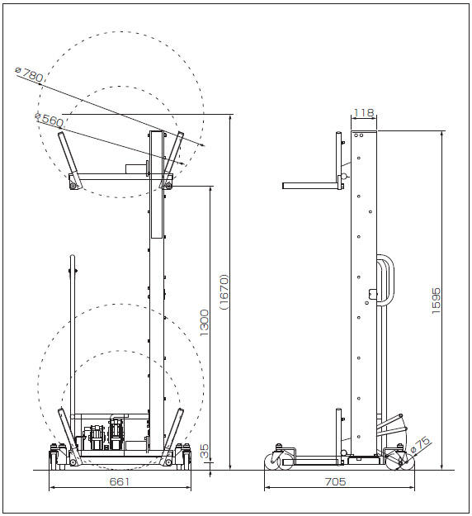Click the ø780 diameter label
tap(29, 74)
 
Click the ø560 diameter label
tap(49, 120)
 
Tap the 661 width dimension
tap(120, 482)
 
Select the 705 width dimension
tap(336, 482)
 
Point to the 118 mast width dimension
tap(364, 113)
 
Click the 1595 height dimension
tap(436, 301)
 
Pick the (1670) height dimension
tap(224, 291)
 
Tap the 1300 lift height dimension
tap(204, 323)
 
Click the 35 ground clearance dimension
tap(204, 451)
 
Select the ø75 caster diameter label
tap(421, 444)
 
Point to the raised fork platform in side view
tap(311, 186)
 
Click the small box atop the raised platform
tap(136, 168)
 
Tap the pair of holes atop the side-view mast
tap(358, 135)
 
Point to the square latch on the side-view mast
tap(373, 293)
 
